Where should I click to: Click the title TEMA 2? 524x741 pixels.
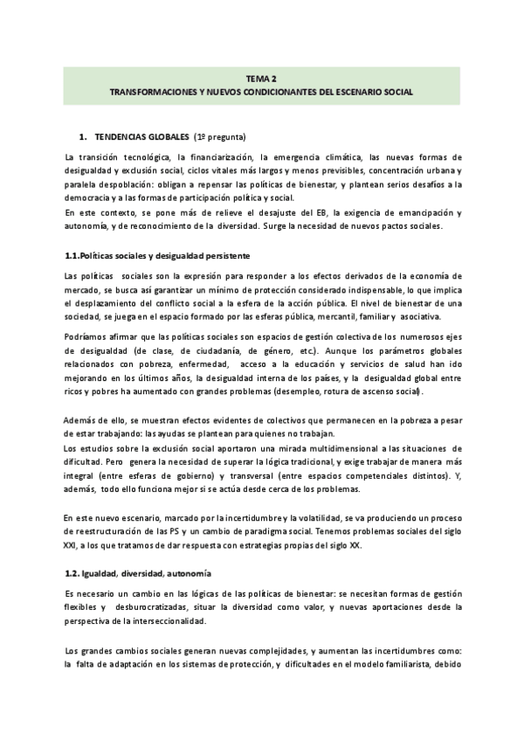pos(261,77)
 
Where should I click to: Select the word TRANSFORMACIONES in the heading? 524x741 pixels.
pos(151,91)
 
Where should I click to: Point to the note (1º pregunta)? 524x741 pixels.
pos(219,137)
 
